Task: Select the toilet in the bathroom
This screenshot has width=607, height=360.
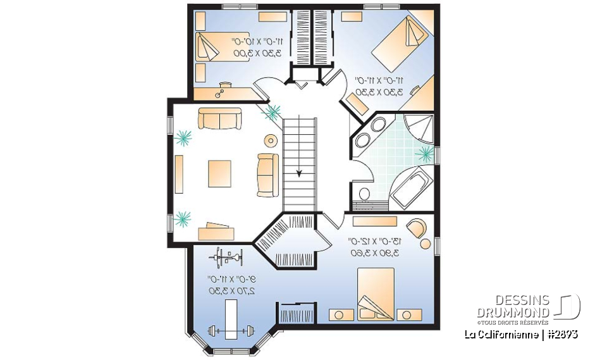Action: pyautogui.click(x=363, y=194)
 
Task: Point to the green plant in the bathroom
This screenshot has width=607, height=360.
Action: pyautogui.click(x=424, y=153)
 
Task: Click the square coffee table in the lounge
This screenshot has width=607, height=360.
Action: pyautogui.click(x=219, y=173)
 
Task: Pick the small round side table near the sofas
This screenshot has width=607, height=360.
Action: pyautogui.click(x=271, y=140)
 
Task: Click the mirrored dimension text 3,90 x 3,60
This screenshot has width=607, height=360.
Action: pyautogui.click(x=370, y=253)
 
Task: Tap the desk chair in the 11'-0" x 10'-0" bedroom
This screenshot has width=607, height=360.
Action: pyautogui.click(x=222, y=92)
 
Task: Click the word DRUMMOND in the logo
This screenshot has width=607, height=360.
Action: pyautogui.click(x=513, y=313)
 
